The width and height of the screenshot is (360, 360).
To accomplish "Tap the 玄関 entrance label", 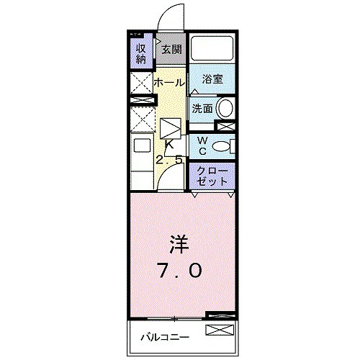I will tap(171, 50).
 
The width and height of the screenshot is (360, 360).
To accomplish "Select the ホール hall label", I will tap(169, 83).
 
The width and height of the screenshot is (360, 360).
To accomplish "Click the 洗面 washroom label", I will tap(202, 109).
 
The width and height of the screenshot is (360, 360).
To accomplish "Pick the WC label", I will tap(202, 145).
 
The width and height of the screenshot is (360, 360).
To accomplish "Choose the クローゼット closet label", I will tap(212, 176).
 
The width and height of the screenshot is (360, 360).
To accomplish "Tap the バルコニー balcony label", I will tap(164, 337).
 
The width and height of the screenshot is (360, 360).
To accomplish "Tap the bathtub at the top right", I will tap(212, 48).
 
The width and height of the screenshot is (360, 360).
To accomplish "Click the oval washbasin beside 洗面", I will tap(226, 109).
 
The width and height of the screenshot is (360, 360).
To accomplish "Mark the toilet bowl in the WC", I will tap(225, 146).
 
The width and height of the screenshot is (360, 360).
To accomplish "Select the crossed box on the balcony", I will tap(220, 331).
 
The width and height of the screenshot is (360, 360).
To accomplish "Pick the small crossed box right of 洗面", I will tap(225, 126).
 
